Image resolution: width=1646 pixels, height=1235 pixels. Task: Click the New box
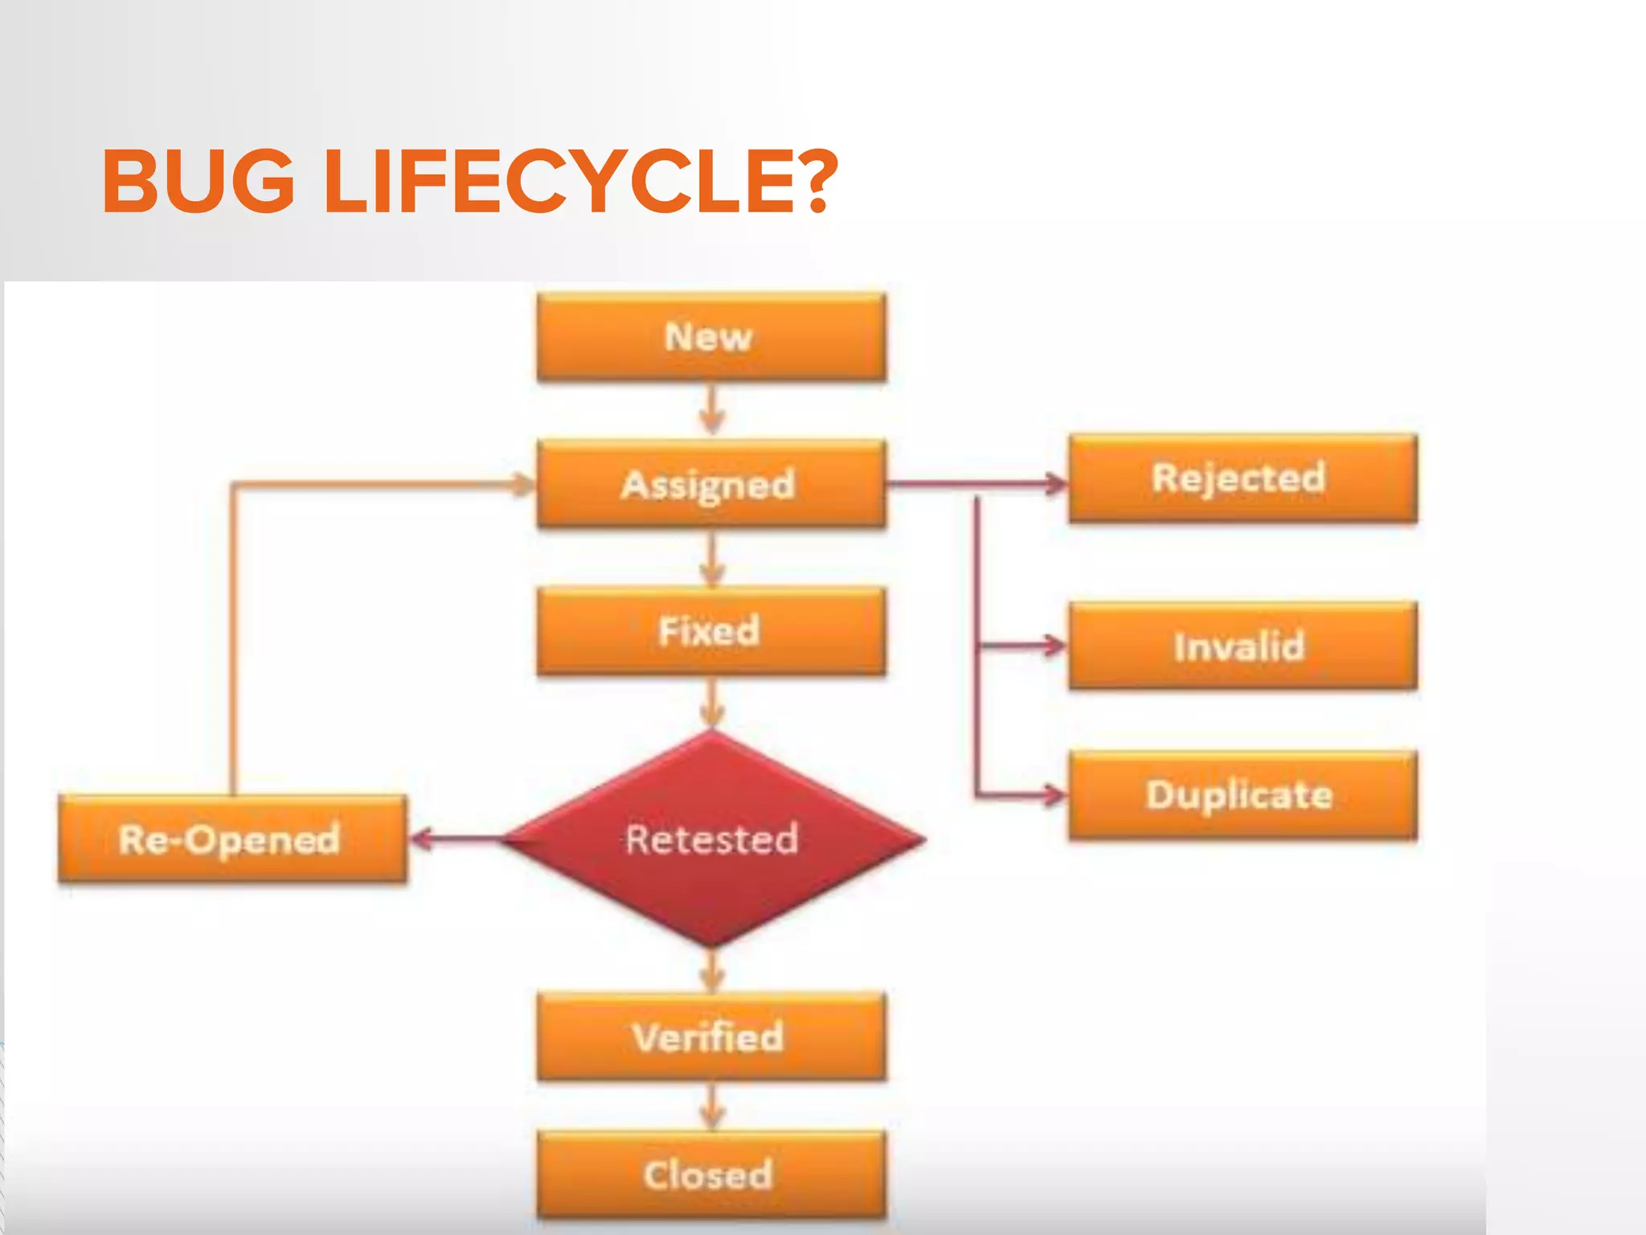711,336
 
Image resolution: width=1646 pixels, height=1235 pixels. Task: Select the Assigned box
711,484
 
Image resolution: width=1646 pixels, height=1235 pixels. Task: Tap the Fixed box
711,631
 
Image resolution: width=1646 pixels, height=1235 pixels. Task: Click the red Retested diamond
712,839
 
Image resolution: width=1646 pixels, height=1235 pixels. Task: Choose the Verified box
711,1037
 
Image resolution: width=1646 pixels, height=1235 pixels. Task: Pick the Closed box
711,1176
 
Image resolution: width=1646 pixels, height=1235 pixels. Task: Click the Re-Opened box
232,839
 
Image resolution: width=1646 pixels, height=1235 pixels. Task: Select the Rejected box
1243,478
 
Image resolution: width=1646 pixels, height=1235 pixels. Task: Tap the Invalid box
1243,646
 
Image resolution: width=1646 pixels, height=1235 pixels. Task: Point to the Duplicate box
1243,795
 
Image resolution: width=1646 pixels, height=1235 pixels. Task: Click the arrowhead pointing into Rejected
1054,484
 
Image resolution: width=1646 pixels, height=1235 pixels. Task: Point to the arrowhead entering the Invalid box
1053,645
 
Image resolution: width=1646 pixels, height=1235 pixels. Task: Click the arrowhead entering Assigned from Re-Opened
522,484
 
